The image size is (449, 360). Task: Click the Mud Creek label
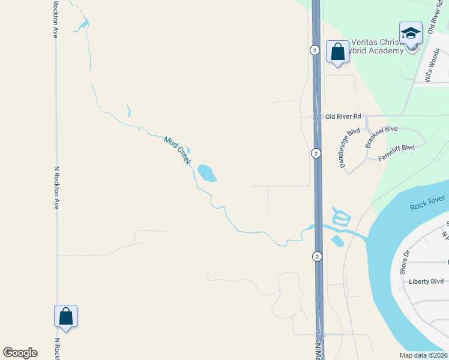click(177, 151)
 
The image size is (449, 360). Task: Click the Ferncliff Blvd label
click(396, 152)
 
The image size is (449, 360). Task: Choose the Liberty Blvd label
click(426, 281)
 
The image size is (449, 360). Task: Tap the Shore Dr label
click(404, 262)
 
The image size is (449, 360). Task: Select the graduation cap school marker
click(411, 34)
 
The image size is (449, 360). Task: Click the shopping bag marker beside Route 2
click(337, 52)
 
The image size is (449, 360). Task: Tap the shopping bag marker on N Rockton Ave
click(66, 317)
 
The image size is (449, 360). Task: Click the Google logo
click(20, 353)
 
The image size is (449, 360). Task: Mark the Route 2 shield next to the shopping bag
click(315, 50)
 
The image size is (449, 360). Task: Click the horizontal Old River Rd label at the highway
click(343, 116)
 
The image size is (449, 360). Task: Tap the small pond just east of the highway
click(337, 241)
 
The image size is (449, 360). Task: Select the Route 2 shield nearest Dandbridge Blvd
click(316, 154)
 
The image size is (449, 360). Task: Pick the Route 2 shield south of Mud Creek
click(316, 256)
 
